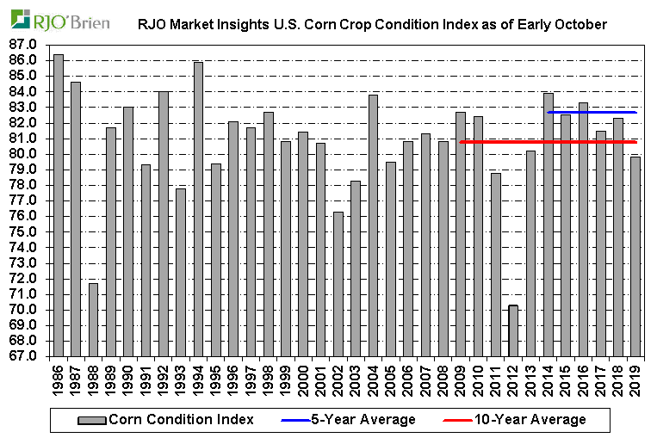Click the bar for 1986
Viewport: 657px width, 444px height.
pyautogui.click(x=59, y=207)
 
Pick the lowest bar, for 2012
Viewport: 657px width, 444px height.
pyautogui.click(x=513, y=330)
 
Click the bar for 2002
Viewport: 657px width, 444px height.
pyautogui.click(x=338, y=284)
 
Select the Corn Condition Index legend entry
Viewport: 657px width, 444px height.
pyautogui.click(x=167, y=420)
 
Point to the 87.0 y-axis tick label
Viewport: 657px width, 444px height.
pyautogui.click(x=26, y=44)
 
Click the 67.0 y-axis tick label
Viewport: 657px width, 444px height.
pyautogui.click(x=26, y=356)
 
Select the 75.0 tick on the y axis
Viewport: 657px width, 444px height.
pyautogui.click(x=26, y=231)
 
